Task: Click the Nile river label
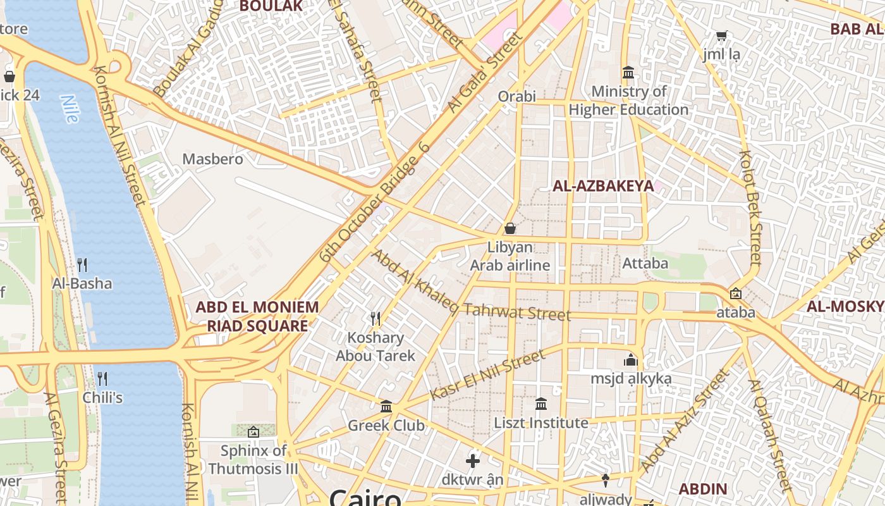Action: point(69,108)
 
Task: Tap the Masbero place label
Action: point(212,159)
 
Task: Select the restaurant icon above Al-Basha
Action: point(82,264)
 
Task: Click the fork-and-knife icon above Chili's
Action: point(102,379)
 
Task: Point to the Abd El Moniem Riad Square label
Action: point(257,317)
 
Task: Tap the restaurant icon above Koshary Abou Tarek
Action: point(375,318)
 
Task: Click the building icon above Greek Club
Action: point(386,406)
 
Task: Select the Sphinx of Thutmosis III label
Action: point(253,460)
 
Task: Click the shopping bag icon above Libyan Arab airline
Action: point(510,228)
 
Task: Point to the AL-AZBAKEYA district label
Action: point(602,186)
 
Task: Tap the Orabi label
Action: point(516,97)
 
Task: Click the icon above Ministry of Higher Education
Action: point(628,73)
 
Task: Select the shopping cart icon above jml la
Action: point(721,35)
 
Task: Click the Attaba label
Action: point(645,263)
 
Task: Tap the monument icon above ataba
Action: point(735,293)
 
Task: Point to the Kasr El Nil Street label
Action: point(487,376)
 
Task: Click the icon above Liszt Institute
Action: point(541,404)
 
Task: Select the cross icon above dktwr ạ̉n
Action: point(472,460)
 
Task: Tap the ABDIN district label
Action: point(702,489)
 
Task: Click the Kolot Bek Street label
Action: point(750,207)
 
